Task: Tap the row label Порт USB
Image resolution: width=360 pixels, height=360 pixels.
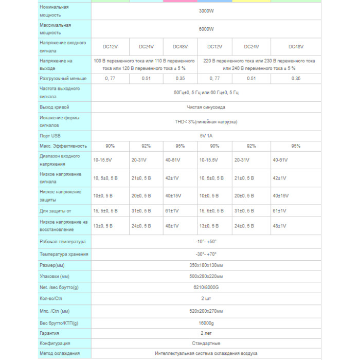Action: point(51,136)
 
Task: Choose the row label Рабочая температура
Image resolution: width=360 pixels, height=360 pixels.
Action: point(63,241)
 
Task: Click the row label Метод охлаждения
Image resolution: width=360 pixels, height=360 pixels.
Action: point(60,353)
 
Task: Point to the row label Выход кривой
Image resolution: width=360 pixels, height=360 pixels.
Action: point(54,107)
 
